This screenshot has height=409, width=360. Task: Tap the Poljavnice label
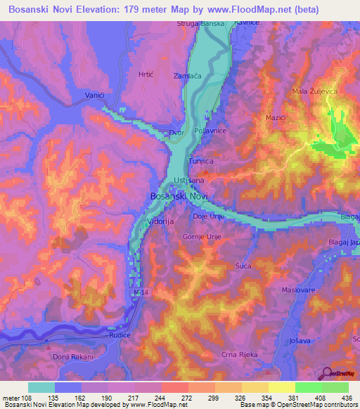point(209,131)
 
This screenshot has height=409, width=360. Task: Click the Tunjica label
point(201,161)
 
